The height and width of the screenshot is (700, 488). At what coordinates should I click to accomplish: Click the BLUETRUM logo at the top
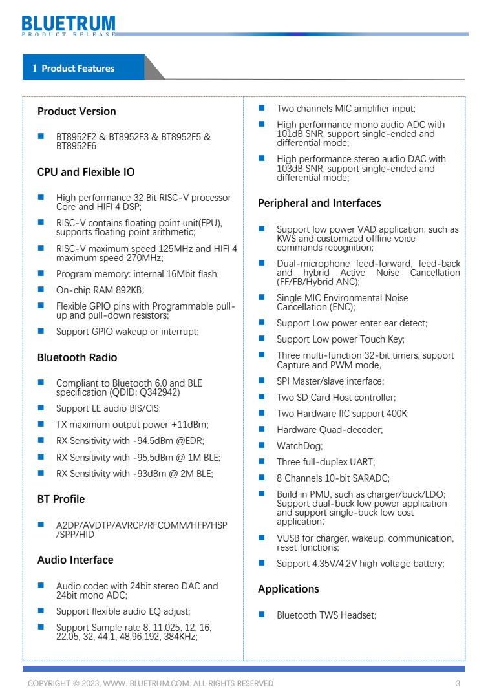click(x=69, y=25)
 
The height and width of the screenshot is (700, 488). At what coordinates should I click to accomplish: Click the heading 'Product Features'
click(x=78, y=69)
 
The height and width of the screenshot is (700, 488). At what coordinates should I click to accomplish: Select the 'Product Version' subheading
click(x=77, y=111)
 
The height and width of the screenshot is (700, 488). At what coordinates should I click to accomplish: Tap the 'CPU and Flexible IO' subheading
click(x=86, y=172)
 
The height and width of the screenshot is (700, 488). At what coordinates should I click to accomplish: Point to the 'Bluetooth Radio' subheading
click(x=78, y=357)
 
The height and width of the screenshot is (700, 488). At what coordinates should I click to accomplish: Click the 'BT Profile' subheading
click(x=61, y=499)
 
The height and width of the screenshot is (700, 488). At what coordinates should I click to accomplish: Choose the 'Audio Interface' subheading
click(x=75, y=560)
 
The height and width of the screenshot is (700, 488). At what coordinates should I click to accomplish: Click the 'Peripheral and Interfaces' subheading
click(x=319, y=203)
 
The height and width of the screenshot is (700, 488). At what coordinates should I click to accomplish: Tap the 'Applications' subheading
click(x=288, y=589)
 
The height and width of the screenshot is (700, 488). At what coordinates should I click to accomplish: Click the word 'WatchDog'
click(x=299, y=446)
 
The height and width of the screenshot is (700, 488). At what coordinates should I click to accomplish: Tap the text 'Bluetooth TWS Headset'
click(x=326, y=615)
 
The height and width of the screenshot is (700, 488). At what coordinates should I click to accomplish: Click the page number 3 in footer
click(x=458, y=683)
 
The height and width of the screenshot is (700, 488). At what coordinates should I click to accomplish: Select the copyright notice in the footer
click(x=150, y=683)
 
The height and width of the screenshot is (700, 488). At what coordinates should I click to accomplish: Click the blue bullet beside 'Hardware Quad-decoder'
click(x=262, y=429)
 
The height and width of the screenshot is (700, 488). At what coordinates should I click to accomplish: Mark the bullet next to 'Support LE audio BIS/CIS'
click(x=41, y=408)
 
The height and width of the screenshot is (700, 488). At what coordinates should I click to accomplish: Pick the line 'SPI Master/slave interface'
click(x=330, y=381)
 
